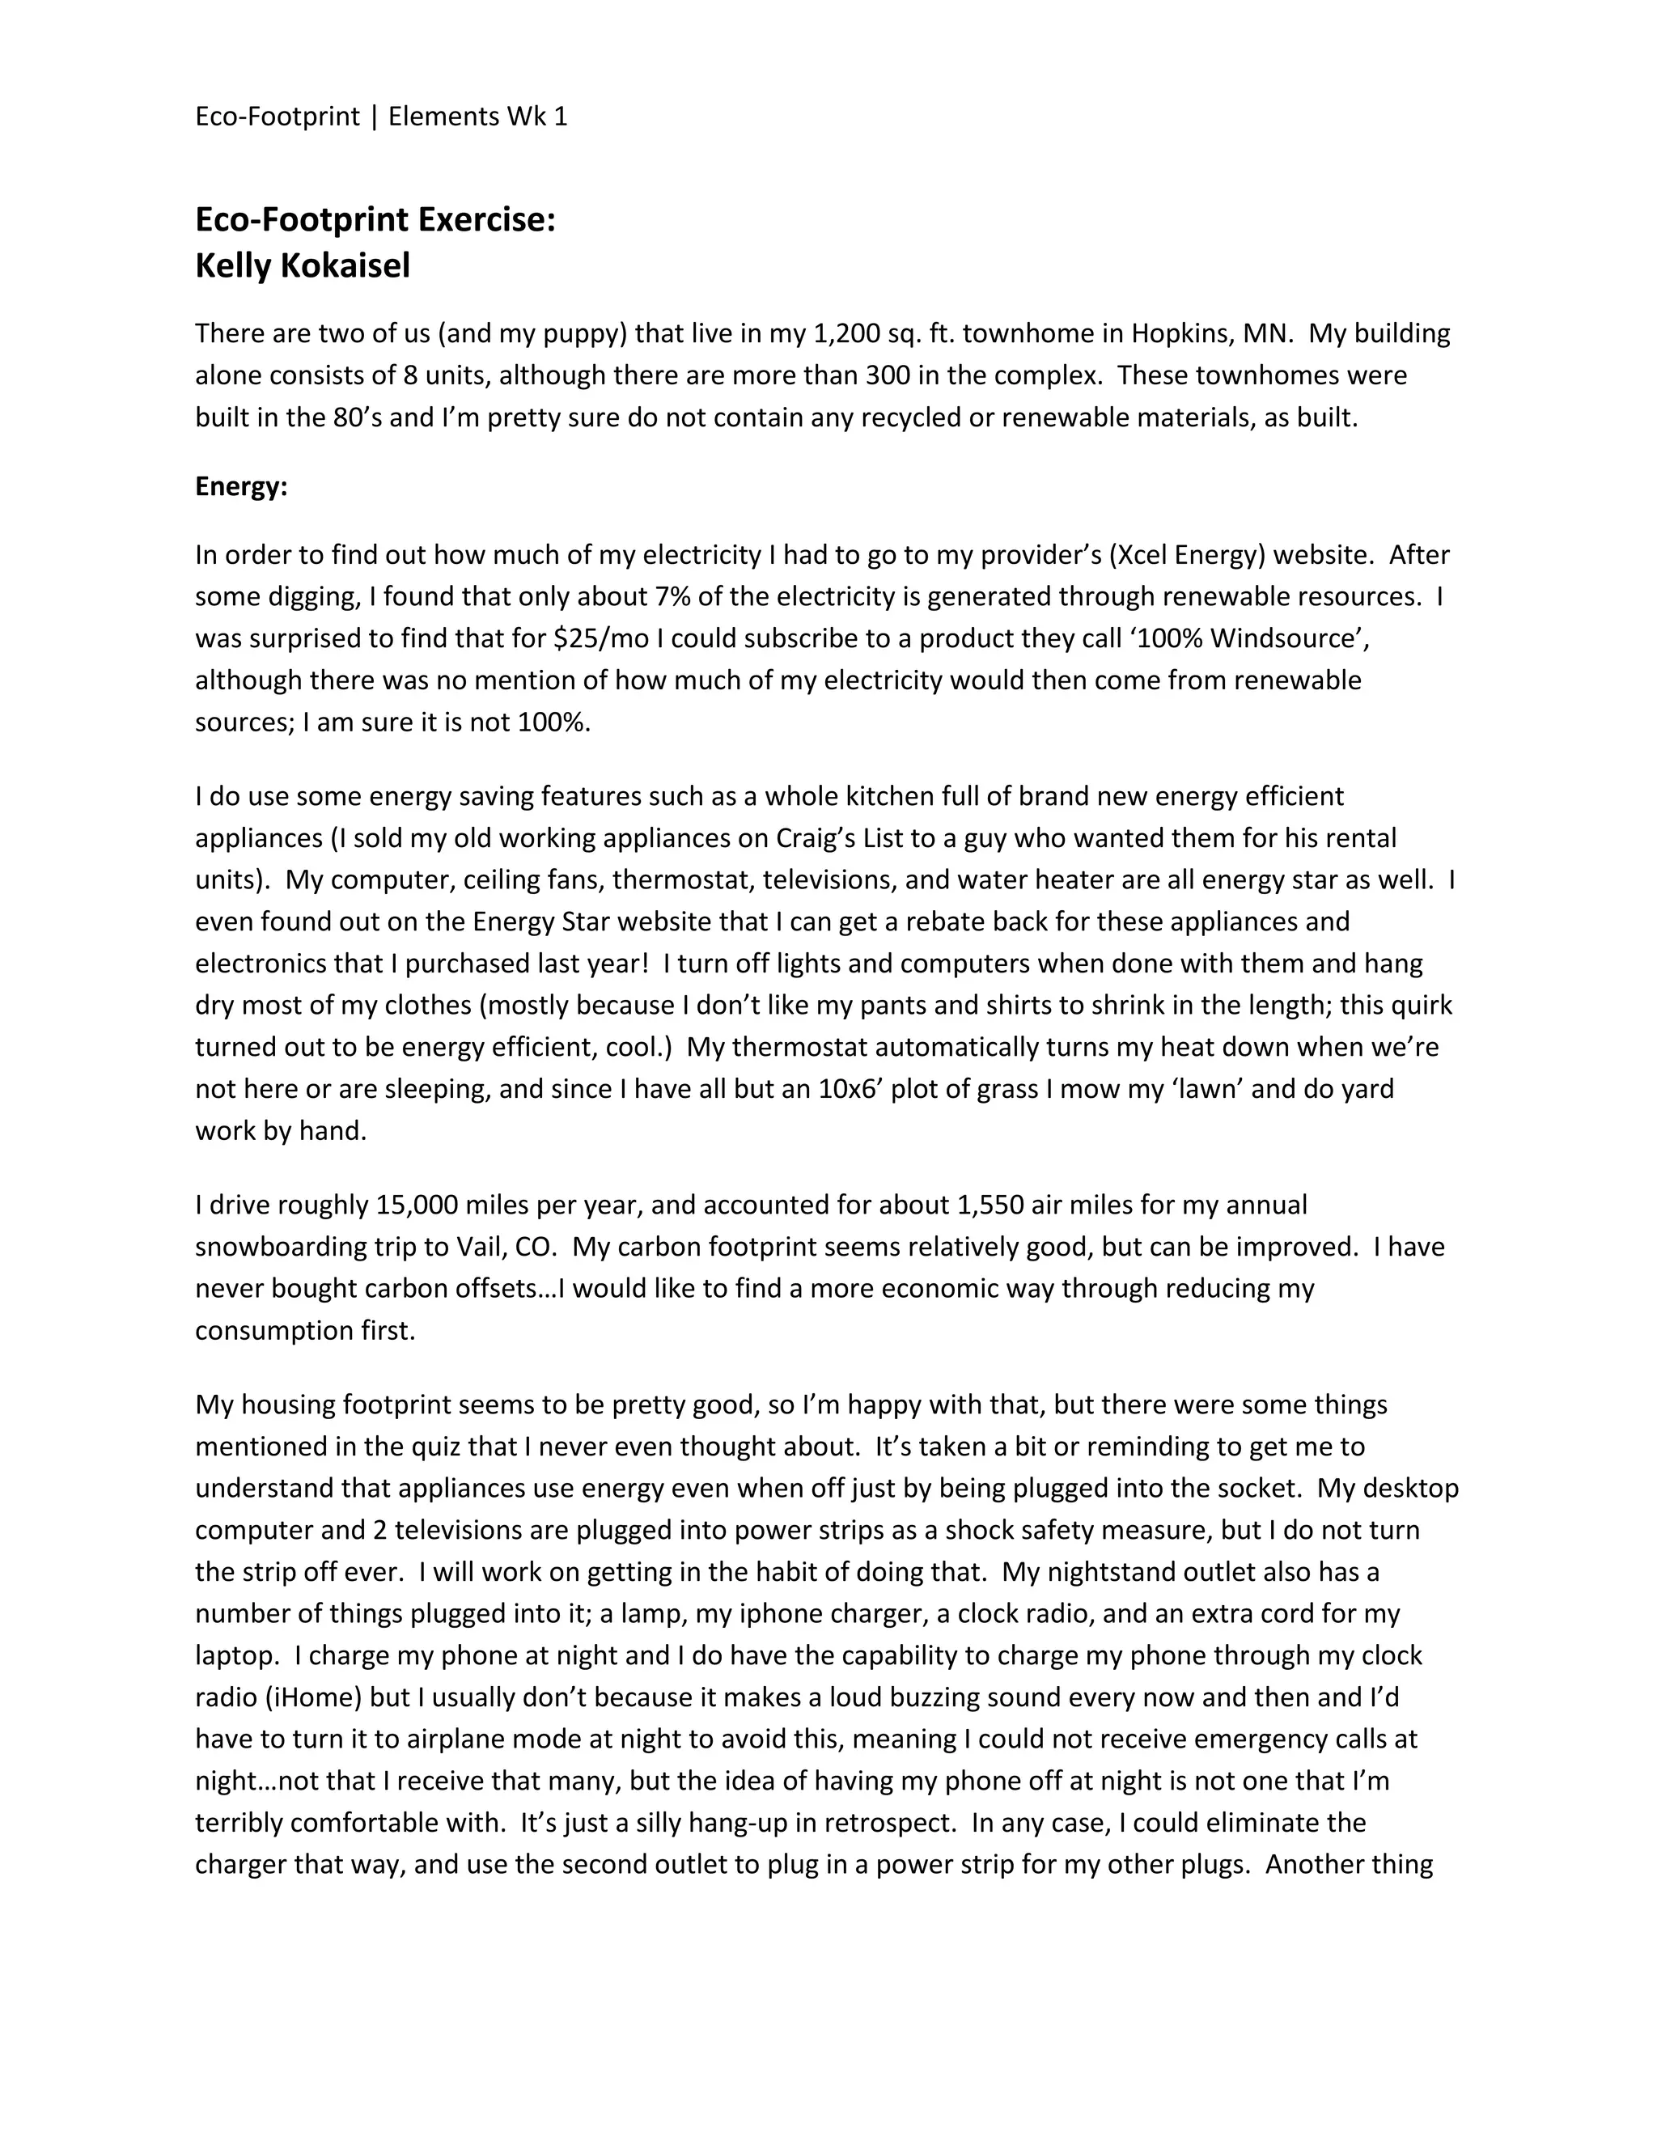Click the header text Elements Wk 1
coord(478,117)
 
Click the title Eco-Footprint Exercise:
coord(375,219)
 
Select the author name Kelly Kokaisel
coord(303,265)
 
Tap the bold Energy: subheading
coord(241,487)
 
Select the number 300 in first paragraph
coord(888,376)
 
